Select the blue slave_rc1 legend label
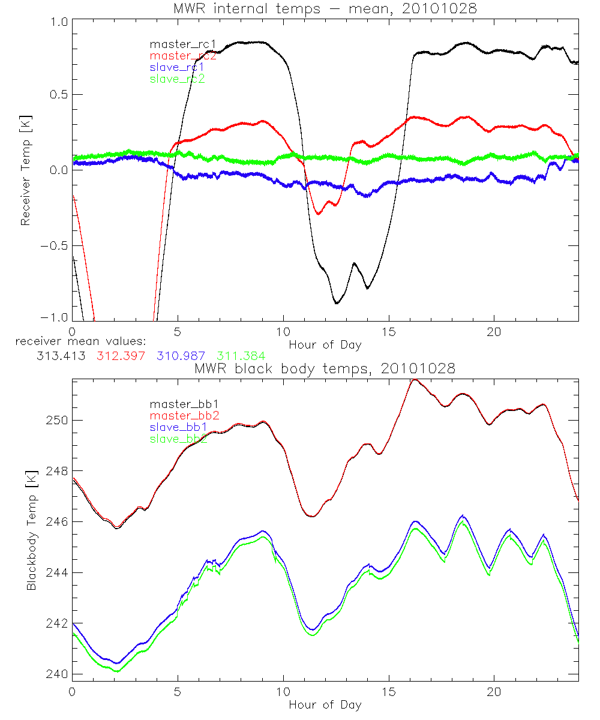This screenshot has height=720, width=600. pos(178,67)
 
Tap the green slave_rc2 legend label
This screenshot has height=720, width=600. pos(178,79)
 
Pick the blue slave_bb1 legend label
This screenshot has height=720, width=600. pos(178,427)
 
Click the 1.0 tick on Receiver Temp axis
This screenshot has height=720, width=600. pos(60,20)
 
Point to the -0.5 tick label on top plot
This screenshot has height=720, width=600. pos(56,246)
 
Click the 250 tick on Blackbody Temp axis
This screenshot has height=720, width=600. pos(59,419)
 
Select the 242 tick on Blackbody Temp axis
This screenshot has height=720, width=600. pos(59,623)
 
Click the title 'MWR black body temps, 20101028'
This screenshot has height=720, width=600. pos(325,368)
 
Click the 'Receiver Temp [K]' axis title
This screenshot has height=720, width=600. pos(25,171)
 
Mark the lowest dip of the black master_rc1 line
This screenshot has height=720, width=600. pos(337,304)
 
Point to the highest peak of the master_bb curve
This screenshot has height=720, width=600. pos(414,379)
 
